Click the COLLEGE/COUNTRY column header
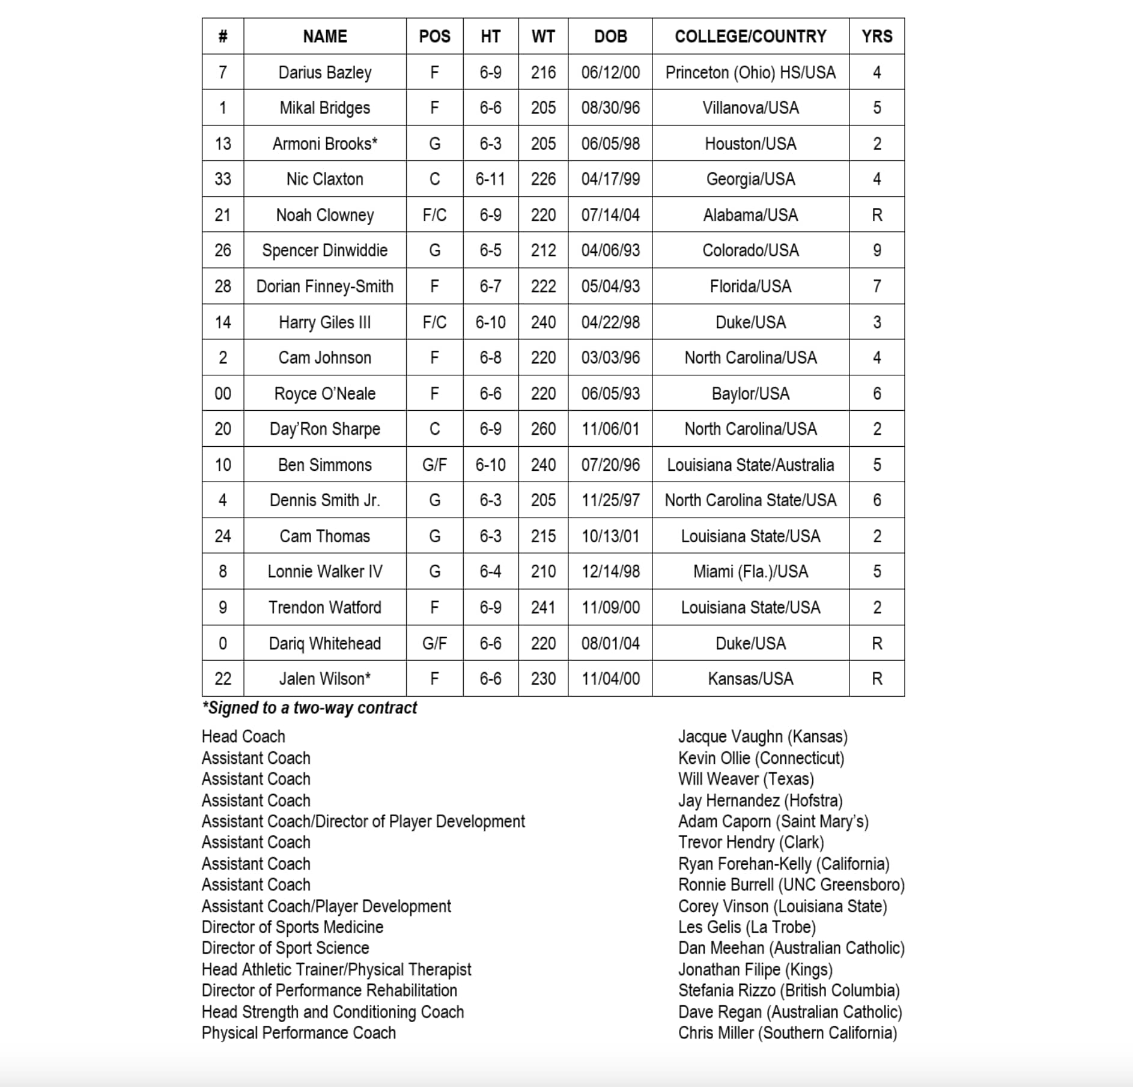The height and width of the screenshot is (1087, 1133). (750, 37)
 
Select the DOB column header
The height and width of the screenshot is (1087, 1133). (610, 37)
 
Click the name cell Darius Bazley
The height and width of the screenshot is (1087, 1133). (324, 73)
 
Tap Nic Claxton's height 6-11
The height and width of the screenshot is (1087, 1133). (490, 179)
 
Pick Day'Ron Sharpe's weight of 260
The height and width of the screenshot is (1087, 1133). (543, 429)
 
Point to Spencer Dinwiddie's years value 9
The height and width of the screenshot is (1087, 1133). (876, 250)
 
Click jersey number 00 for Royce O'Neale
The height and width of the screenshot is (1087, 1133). (223, 393)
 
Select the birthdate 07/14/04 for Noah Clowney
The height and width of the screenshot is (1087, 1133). (610, 215)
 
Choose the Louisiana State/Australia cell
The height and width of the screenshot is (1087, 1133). (750, 465)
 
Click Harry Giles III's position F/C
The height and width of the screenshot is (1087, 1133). (434, 322)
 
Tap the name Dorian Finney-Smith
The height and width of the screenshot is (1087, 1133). (324, 286)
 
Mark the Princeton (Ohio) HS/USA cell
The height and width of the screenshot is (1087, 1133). (750, 73)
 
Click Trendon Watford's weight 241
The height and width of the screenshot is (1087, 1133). (543, 607)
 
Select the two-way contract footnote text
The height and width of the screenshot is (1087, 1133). (309, 708)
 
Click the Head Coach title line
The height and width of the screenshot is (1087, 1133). (243, 736)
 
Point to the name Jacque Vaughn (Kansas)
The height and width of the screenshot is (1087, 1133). (763, 736)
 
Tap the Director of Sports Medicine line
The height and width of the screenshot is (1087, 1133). (292, 927)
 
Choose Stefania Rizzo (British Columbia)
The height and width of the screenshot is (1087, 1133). (789, 990)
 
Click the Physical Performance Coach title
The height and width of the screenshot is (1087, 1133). (299, 1033)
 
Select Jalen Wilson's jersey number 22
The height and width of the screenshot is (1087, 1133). (223, 679)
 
